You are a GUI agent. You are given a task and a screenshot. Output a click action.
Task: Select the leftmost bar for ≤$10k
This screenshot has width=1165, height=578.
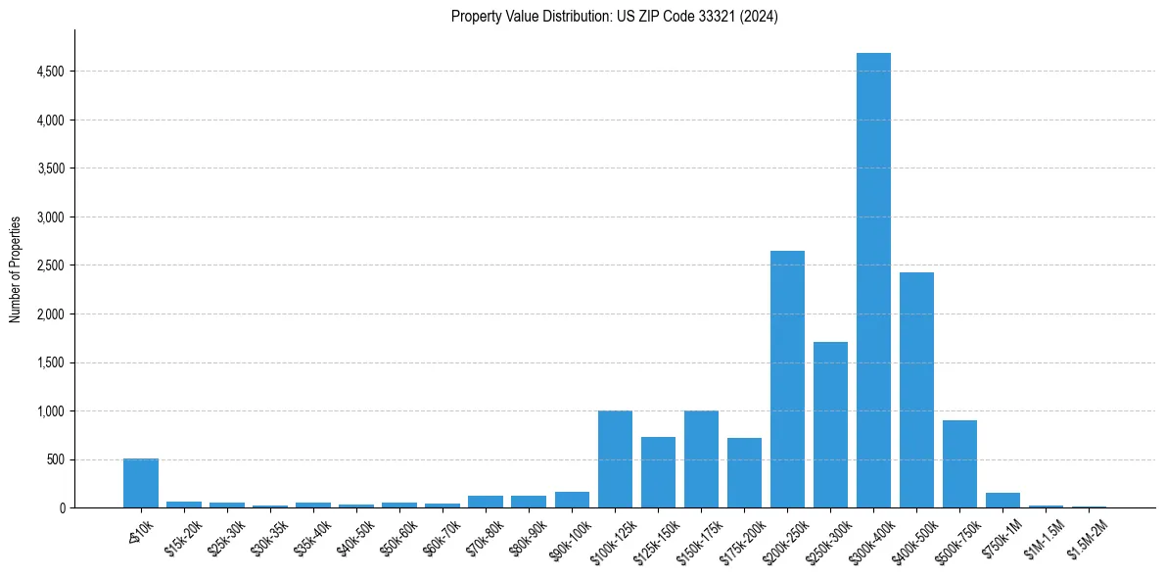click(x=141, y=483)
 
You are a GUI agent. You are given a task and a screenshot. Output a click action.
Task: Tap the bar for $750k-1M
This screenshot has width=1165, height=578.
click(x=1002, y=501)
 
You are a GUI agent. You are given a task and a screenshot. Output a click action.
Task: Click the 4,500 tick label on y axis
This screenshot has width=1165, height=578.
click(x=50, y=72)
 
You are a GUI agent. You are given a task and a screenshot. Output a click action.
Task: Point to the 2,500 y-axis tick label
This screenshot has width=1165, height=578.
click(x=50, y=265)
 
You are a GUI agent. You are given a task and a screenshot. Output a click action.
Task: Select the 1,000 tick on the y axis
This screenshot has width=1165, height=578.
click(x=50, y=411)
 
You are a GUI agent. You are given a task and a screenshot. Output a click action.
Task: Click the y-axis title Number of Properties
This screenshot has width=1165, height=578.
click(x=15, y=268)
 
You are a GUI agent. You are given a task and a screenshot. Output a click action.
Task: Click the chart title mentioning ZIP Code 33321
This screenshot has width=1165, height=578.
click(x=614, y=16)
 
